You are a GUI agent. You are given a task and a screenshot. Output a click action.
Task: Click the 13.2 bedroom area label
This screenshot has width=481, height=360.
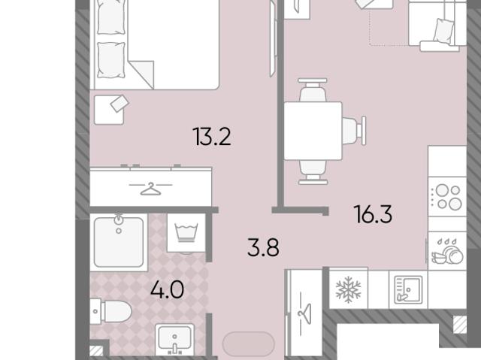click(212, 137)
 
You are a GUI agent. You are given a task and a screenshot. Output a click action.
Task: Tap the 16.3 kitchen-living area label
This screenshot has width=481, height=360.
click(373, 214)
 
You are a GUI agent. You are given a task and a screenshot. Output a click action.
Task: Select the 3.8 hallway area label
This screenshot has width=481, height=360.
click(263, 247)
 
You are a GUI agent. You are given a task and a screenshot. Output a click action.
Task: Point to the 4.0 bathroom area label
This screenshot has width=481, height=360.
click(167, 289)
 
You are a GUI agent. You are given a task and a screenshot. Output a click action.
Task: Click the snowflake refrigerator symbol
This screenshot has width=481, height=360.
click(348, 289)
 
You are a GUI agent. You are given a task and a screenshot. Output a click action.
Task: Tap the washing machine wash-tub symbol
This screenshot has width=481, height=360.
click(186, 232)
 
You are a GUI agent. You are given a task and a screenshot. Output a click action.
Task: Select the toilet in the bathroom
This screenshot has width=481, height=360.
click(110, 311)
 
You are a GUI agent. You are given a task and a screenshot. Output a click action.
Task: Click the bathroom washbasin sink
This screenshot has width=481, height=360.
click(174, 340)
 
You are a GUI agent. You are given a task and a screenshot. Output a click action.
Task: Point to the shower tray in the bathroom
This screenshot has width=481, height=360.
click(119, 242)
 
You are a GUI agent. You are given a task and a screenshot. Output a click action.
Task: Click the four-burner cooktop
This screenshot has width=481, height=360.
click(447, 196)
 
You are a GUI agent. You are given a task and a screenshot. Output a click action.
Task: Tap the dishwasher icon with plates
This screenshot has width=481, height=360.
click(447, 251)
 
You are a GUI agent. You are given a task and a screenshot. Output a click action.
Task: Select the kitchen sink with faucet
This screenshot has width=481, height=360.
click(408, 289)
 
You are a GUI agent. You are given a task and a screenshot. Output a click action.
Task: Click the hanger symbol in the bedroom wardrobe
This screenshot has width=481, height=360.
click(150, 189)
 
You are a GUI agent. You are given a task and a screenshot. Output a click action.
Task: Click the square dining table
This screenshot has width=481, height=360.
click(313, 131)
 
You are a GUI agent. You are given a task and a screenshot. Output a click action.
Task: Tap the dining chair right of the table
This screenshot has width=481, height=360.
click(354, 131)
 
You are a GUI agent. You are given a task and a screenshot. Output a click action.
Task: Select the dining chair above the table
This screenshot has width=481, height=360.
click(313, 90)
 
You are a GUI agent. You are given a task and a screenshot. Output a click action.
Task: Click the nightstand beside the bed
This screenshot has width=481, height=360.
click(109, 110)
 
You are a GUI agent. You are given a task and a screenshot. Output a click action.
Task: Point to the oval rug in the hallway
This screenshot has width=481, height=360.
click(249, 344)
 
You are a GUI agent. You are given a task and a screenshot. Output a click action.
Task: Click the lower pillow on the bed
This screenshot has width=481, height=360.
click(111, 60)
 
